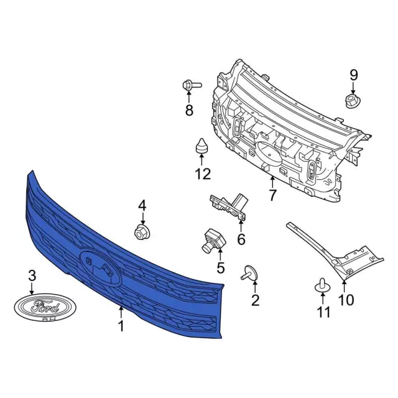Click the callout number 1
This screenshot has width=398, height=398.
pyautogui.click(x=121, y=325)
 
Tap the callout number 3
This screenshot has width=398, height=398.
pyautogui.click(x=33, y=276)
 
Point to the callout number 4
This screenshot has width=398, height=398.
pyautogui.click(x=142, y=205)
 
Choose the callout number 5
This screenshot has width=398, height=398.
pyautogui.click(x=220, y=268)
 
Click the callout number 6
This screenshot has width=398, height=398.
pyautogui.click(x=241, y=239)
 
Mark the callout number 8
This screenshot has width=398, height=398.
pyautogui.click(x=189, y=111)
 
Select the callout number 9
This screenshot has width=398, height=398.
pyautogui.click(x=354, y=75)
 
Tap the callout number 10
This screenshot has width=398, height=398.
pyautogui.click(x=346, y=300)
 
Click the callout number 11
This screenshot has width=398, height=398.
pyautogui.click(x=323, y=312)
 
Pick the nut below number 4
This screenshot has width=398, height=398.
pyautogui.click(x=142, y=231)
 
